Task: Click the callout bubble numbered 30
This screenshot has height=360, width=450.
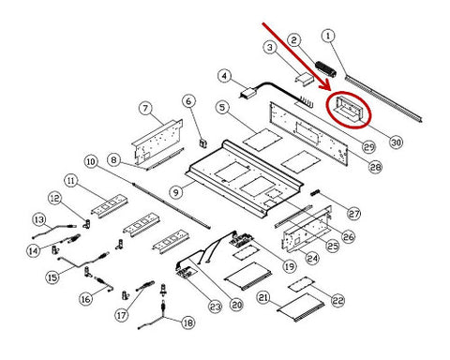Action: [x=396, y=142]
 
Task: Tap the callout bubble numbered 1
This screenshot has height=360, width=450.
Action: [x=328, y=36]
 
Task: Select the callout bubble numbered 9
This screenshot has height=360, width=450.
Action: [x=176, y=192]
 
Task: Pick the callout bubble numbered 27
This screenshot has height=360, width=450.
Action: [x=354, y=214]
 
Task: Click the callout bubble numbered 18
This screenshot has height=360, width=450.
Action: [x=187, y=322]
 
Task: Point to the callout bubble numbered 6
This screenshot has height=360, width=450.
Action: [x=189, y=101]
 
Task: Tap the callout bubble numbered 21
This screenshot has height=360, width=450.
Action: [x=263, y=297]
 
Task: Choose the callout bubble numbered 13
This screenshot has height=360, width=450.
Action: [x=39, y=219]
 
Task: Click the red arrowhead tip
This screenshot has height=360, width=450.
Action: [x=329, y=88]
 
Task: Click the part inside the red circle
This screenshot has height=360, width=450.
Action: [x=349, y=109]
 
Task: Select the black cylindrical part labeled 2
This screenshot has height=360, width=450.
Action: [x=325, y=69]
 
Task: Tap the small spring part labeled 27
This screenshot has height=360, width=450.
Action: [x=316, y=193]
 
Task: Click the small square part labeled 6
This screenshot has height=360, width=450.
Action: [x=203, y=143]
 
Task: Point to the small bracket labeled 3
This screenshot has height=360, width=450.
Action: [x=305, y=78]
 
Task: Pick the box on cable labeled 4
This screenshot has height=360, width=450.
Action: [x=250, y=93]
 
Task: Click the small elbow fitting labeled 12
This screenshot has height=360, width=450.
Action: [x=86, y=223]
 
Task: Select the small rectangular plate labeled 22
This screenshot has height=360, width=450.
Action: [x=301, y=284]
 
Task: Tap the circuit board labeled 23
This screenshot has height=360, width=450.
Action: [x=187, y=273]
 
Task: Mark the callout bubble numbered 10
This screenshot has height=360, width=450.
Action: [x=91, y=161]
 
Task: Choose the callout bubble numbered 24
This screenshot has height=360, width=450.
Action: [x=312, y=258]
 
